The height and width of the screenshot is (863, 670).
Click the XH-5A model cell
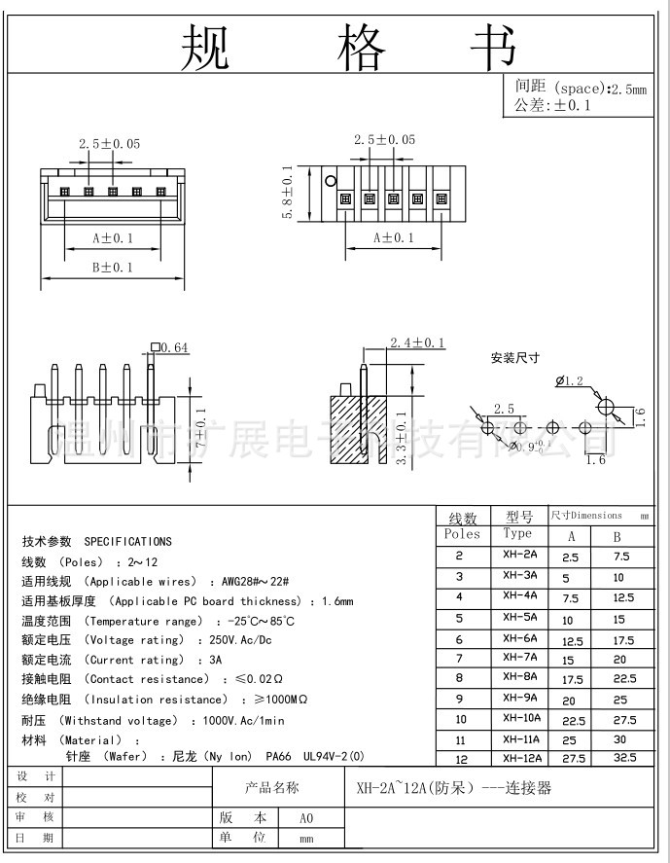coord(520,617)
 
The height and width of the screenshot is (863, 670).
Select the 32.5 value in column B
coord(625,757)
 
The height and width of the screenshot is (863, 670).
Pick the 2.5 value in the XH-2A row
coord(570,557)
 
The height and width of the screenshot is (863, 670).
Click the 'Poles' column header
coord(462,534)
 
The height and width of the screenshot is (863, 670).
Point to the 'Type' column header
coord(518,534)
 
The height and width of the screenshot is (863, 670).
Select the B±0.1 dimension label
coord(112,267)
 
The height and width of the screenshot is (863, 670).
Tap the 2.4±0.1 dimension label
coord(417,342)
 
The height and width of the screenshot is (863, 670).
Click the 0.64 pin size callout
coord(174,346)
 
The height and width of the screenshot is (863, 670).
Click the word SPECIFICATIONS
coord(127,541)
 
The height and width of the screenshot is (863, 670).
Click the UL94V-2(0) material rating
coord(331,755)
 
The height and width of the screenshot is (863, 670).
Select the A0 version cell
coord(305,818)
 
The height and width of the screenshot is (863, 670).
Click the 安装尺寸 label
coord(514,358)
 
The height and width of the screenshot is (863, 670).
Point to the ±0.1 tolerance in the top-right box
coord(573,105)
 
